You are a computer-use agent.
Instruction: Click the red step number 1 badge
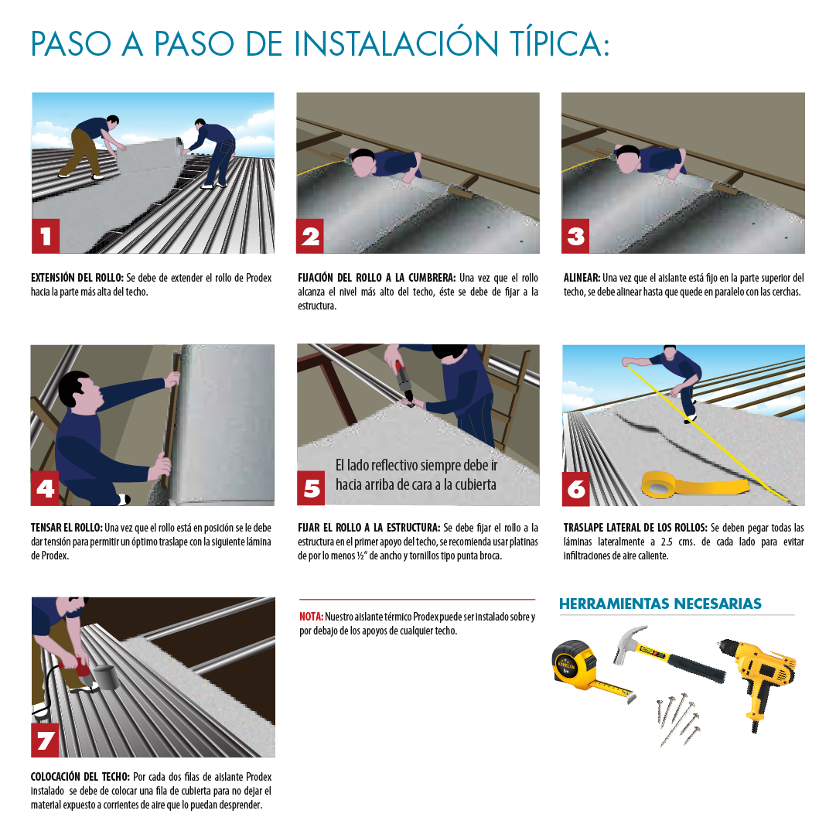(x=46, y=236)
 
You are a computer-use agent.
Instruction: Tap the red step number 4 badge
(x=46, y=487)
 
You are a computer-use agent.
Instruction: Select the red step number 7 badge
(x=46, y=740)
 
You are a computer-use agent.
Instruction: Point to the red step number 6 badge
(x=576, y=488)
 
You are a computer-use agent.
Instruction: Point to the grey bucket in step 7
(x=106, y=677)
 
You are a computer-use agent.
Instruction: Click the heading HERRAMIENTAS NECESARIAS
(x=660, y=604)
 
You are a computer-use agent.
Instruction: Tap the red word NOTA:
(x=311, y=617)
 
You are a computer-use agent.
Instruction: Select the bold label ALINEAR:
(x=582, y=278)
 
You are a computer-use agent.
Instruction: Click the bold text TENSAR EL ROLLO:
(x=67, y=528)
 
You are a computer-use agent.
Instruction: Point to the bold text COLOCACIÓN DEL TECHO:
(x=80, y=777)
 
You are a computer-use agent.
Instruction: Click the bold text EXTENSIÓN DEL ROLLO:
(x=77, y=278)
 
